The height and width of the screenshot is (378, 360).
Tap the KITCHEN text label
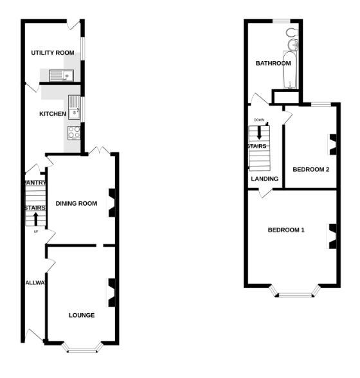53,114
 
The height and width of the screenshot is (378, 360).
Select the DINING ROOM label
76,204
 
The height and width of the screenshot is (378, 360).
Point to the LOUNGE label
82,315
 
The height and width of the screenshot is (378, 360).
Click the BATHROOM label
273,64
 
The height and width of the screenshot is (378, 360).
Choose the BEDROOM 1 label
286,230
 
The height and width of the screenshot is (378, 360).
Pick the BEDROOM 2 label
311,170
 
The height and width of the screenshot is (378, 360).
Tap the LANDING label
264,179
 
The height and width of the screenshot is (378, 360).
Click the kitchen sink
75,109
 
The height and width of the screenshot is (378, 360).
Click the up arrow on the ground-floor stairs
35,218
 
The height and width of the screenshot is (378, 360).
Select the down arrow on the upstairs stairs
260,132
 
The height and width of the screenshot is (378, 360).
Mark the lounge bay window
82,349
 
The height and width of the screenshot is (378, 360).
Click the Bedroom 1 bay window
296,294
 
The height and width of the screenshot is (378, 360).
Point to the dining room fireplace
111,203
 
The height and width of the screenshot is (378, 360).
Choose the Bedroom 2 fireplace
332,144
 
